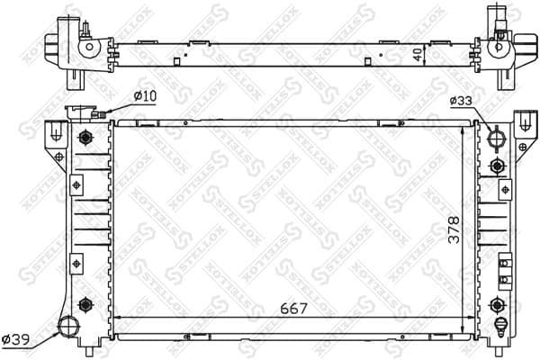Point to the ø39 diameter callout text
click(17, 339)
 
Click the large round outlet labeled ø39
click(67, 326)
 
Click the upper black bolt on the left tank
click(85, 138)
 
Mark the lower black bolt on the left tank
click(85, 302)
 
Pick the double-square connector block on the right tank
click(504, 267)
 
